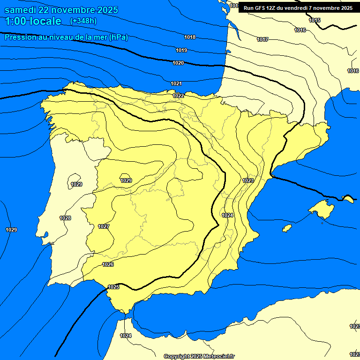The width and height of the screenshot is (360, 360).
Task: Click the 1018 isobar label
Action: point(190,37)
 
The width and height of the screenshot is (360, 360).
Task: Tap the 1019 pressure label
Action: point(181,50)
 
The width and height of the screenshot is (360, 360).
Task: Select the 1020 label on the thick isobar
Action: point(178,63)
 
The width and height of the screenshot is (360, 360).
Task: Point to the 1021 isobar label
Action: point(176,83)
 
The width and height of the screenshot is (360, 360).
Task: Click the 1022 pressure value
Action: point(178,96)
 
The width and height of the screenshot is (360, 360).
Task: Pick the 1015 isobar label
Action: point(315,20)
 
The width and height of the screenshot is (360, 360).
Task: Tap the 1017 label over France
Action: point(262,39)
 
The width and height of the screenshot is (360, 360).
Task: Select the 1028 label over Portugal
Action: point(65,218)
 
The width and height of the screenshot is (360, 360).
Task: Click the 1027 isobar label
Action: point(104,226)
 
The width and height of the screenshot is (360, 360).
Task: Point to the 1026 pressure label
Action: point(108,264)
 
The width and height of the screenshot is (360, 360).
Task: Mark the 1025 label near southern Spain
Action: point(113,287)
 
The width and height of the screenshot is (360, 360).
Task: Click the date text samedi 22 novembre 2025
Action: point(61,10)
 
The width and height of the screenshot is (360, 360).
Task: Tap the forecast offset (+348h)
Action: point(83,21)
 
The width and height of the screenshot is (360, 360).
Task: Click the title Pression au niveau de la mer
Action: point(66,37)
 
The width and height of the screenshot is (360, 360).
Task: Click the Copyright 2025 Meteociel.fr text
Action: point(199,356)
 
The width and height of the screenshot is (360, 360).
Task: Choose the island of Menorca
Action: point(348,198)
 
